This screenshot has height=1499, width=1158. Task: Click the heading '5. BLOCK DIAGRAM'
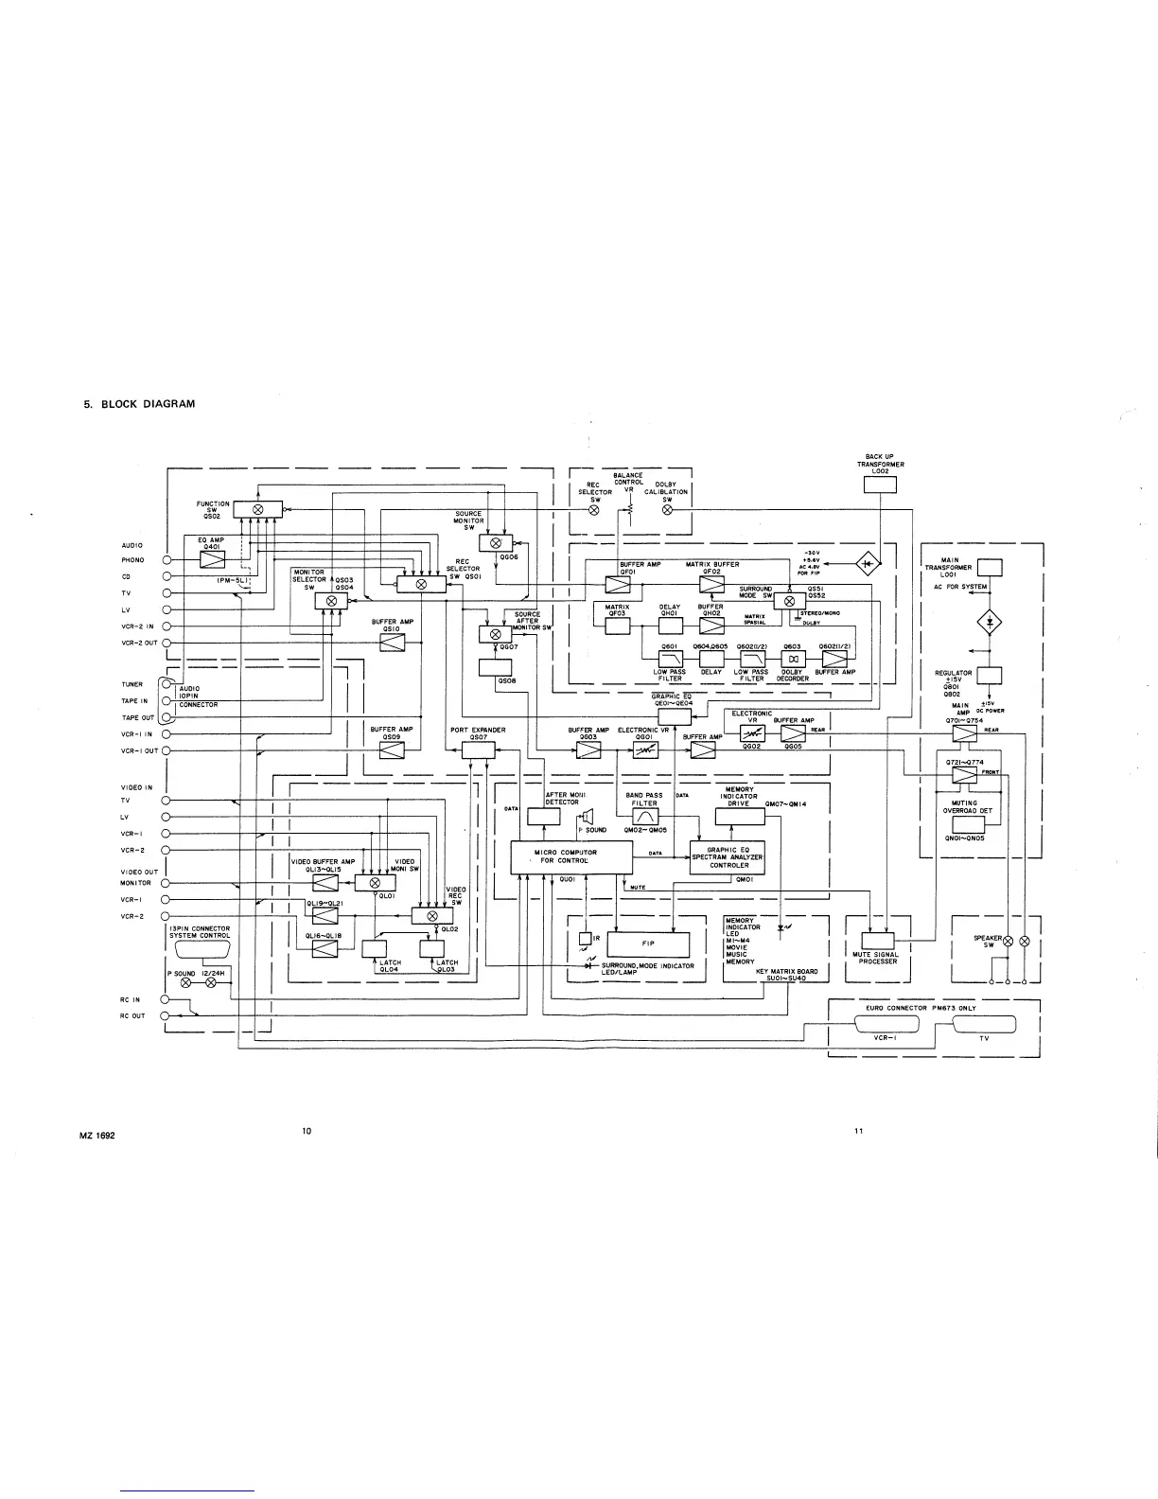click(x=140, y=404)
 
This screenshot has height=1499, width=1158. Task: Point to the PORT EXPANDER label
click(x=478, y=731)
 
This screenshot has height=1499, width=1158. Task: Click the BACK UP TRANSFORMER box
click(x=880, y=485)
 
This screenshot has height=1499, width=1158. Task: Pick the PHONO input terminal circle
click(x=166, y=560)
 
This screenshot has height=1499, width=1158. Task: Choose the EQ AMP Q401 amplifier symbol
click(x=210, y=559)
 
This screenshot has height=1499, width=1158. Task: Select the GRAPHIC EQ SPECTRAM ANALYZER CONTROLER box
click(x=729, y=857)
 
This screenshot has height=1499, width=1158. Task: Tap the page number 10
click(x=307, y=1131)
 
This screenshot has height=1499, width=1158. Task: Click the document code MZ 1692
click(x=96, y=1135)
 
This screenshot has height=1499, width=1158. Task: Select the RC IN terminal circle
click(x=166, y=999)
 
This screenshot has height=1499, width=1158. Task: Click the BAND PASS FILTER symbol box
click(x=644, y=816)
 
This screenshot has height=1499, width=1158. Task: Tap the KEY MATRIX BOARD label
click(x=786, y=972)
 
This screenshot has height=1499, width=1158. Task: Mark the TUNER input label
click(x=132, y=684)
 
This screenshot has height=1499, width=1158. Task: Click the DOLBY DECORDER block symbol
click(x=793, y=659)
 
